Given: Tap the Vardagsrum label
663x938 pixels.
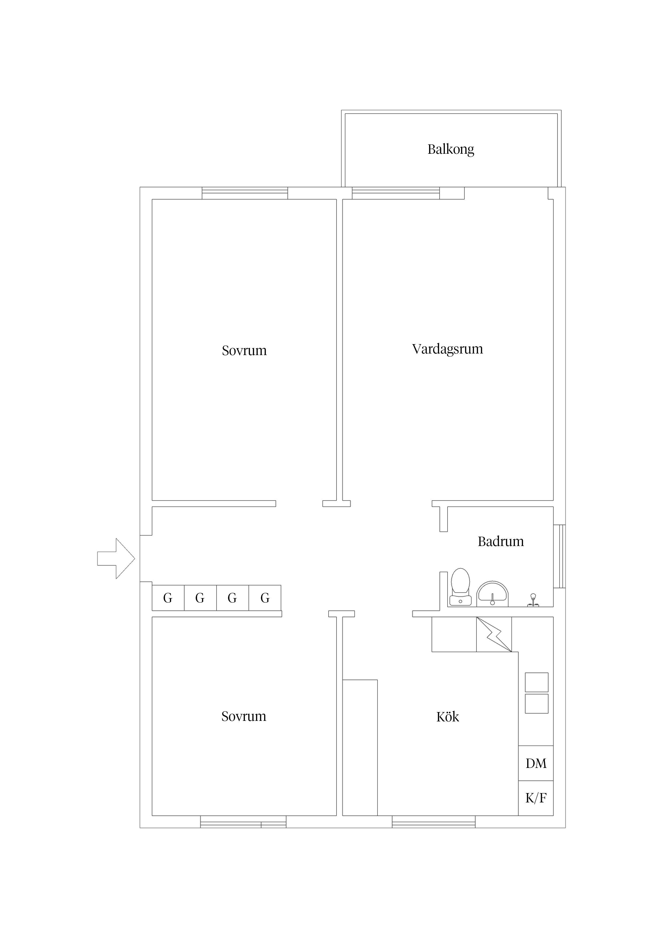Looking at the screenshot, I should pos(447,349).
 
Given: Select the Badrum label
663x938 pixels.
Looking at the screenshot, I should pos(500,541).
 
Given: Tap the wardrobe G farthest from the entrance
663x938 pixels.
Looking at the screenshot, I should pos(265,598).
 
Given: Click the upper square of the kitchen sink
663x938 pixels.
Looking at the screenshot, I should pos(536,682).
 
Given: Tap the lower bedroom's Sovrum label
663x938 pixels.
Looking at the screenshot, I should pos(244,716).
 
